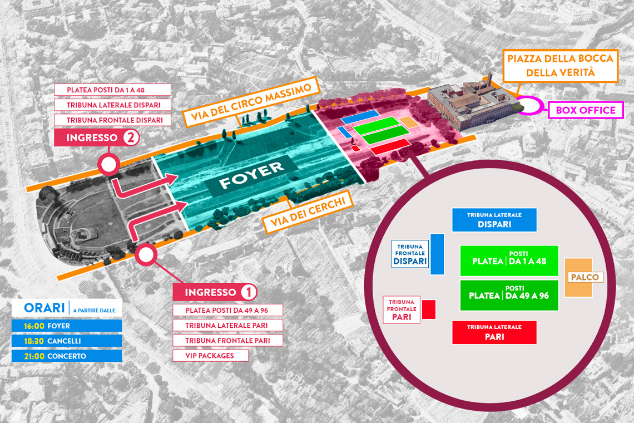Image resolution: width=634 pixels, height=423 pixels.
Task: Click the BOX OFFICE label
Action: tap(586, 110)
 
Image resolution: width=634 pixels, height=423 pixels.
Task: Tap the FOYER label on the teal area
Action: tap(251, 176)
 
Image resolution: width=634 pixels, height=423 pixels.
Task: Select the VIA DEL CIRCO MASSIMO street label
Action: tap(251, 102)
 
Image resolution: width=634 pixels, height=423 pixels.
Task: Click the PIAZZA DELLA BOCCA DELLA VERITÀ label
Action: tap(561, 66)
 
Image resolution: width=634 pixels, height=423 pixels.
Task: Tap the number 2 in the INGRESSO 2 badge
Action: tap(130, 137)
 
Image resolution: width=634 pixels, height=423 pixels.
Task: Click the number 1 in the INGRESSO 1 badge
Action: tap(248, 292)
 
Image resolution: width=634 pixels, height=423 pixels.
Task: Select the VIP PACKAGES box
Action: tap(210, 356)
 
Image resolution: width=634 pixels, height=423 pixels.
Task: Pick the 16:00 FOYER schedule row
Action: tap(67, 326)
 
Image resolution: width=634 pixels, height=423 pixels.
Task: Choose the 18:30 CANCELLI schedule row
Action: tap(67, 341)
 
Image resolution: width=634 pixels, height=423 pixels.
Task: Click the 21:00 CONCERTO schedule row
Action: tap(67, 356)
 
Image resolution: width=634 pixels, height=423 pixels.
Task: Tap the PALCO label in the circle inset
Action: tap(585, 277)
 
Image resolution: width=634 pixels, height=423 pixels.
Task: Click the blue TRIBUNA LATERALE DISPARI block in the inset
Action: tap(494, 220)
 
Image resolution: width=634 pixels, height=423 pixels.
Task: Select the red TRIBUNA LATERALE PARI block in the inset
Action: tap(494, 332)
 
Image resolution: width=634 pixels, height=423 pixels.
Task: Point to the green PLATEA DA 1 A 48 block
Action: tap(509, 260)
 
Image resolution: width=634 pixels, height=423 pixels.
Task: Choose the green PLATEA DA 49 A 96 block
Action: tap(509, 295)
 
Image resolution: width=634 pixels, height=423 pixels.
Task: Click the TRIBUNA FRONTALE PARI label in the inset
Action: tap(402, 309)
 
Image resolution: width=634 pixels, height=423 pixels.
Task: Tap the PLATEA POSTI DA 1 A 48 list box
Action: tap(112, 90)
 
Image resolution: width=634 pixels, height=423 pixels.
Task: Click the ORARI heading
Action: tap(44, 308)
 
